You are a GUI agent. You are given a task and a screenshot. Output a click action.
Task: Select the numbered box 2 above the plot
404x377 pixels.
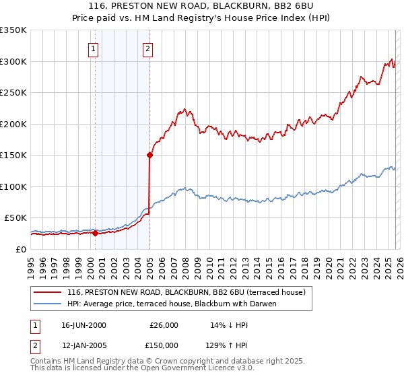[147, 48]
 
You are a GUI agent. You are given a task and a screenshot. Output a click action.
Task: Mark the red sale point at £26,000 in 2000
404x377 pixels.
[95, 234]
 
